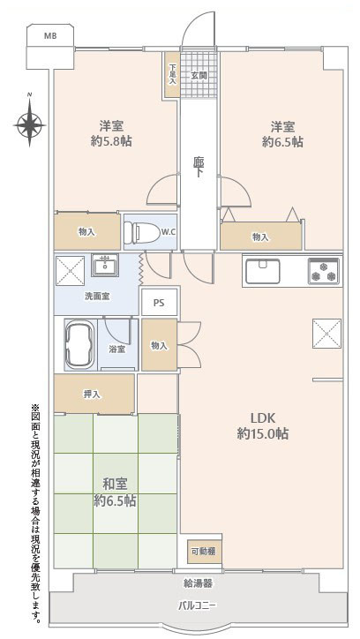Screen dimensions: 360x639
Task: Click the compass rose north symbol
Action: tap(29, 123)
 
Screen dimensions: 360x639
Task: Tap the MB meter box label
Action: tap(50, 36)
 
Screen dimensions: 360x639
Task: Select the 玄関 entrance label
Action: tap(199, 76)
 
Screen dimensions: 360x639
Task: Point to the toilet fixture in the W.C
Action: tap(138, 232)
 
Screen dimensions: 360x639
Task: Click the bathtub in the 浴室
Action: tap(80, 344)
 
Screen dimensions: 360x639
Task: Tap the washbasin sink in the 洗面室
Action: tap(105, 265)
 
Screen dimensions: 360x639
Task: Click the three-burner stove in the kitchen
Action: tap(324, 271)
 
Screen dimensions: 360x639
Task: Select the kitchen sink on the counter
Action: tap(263, 272)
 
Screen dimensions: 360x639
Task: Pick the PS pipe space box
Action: tap(159, 302)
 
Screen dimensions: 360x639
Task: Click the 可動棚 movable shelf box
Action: tap(205, 552)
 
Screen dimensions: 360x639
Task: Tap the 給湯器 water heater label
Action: tap(198, 583)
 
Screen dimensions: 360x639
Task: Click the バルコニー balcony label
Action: tap(197, 605)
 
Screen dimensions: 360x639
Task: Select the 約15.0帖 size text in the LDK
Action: tap(263, 433)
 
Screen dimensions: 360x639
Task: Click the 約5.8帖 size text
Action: tap(111, 141)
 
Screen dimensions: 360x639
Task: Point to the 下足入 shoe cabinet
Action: tap(173, 75)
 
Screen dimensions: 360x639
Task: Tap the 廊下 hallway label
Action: tap(199, 168)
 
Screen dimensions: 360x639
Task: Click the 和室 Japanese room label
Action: tap(115, 485)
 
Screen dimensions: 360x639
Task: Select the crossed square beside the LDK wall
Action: tap(327, 334)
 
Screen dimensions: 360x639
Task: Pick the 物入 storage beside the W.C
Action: tap(87, 231)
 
